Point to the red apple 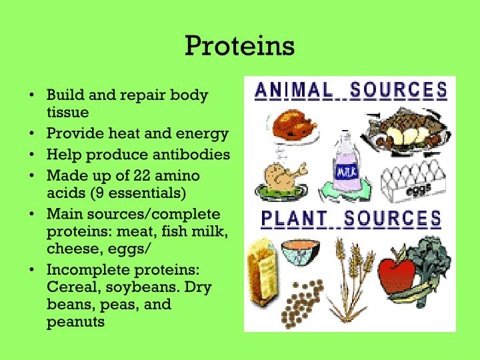pos(397,276)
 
